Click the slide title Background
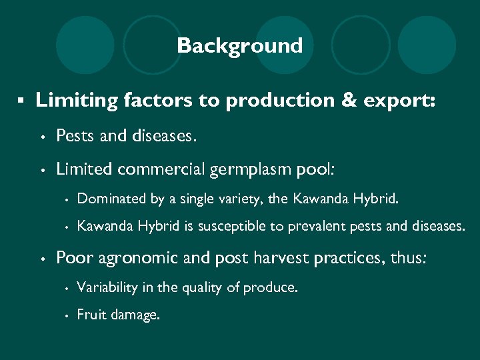coord(239,46)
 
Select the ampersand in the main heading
coord(344,101)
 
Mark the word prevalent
coord(313,227)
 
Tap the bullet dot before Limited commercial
coord(43,170)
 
